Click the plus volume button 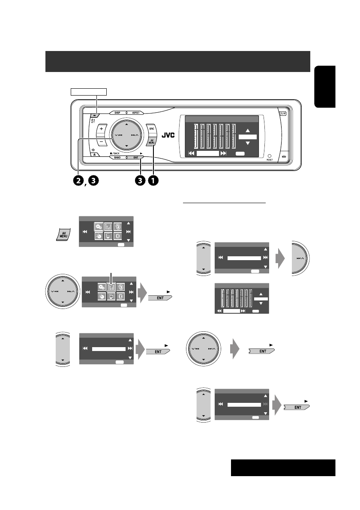pos(102,129)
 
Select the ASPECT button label pos(136,113)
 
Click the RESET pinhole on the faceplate pos(269,156)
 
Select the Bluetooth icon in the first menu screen pos(121,238)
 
